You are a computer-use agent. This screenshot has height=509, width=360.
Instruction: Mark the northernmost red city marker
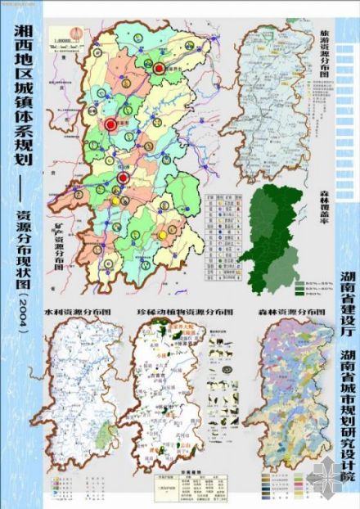click(x=160, y=69)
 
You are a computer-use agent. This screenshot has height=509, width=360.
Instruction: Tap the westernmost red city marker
click(x=110, y=124)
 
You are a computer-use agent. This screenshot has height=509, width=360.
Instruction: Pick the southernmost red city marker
click(x=122, y=178)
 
